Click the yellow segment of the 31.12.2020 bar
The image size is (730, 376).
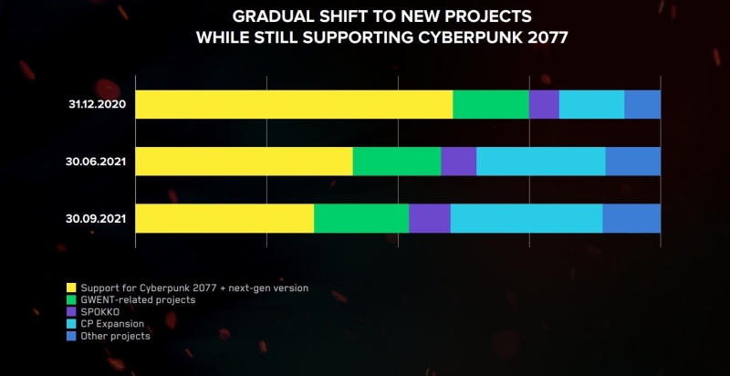pyautogui.click(x=294, y=104)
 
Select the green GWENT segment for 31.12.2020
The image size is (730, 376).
pyautogui.click(x=491, y=104)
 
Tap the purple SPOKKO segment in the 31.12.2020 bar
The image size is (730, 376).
pyautogui.click(x=544, y=104)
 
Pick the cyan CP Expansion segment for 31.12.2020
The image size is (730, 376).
pyautogui.click(x=591, y=104)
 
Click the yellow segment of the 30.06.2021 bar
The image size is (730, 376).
pyautogui.click(x=244, y=162)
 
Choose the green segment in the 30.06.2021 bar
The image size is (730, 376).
pyautogui.click(x=397, y=162)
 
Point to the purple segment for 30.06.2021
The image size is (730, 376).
pyautogui.click(x=459, y=162)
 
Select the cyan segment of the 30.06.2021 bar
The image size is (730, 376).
pyautogui.click(x=541, y=162)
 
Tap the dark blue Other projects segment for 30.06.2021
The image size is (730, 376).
pyautogui.click(x=633, y=162)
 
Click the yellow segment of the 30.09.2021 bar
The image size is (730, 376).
pyautogui.click(x=224, y=218)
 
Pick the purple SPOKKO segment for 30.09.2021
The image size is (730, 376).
pyautogui.click(x=430, y=218)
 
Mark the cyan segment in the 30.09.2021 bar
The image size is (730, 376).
pyautogui.click(x=527, y=218)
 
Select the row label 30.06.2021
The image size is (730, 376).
pyautogui.click(x=96, y=162)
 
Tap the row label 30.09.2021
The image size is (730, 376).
pyautogui.click(x=96, y=218)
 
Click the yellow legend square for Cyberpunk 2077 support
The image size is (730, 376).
pyautogui.click(x=72, y=288)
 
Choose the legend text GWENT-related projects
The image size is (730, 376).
pyautogui.click(x=137, y=300)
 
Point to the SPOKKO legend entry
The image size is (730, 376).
pyautogui.click(x=100, y=312)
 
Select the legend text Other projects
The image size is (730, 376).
pyautogui.click(x=115, y=336)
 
